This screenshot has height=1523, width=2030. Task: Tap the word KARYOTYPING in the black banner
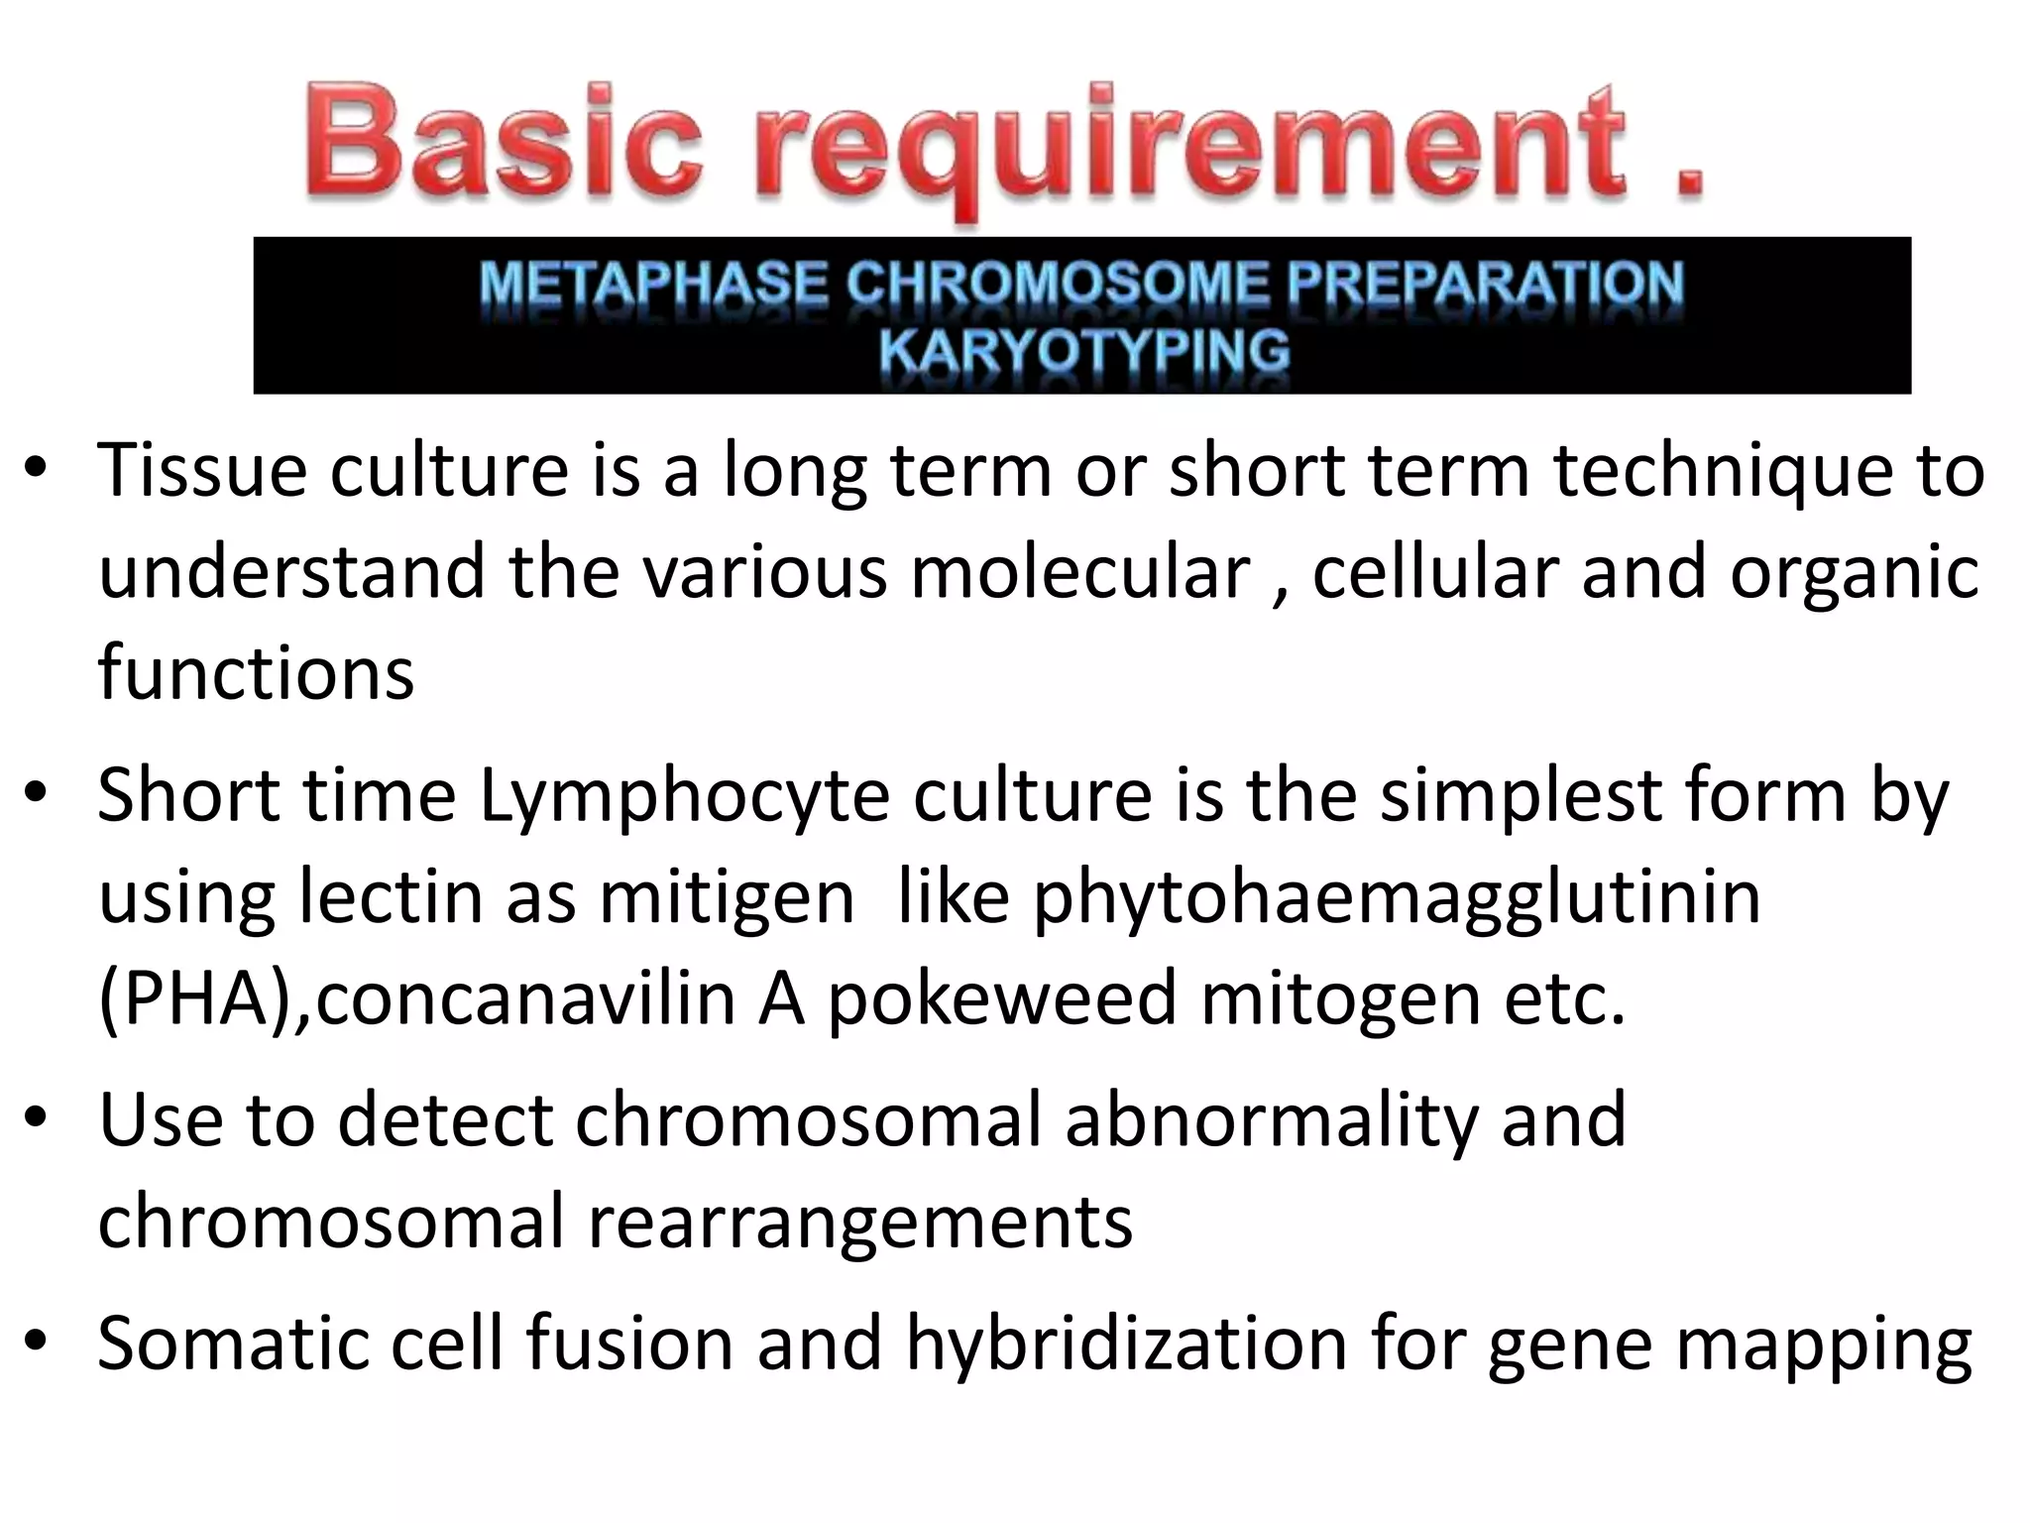pyautogui.click(x=1083, y=351)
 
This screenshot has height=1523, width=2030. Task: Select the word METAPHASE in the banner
pyautogui.click(x=652, y=284)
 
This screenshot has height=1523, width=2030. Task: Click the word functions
pyautogui.click(x=256, y=672)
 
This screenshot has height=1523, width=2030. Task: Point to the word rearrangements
pyautogui.click(x=860, y=1222)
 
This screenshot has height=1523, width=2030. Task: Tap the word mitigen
pyautogui.click(x=727, y=897)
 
